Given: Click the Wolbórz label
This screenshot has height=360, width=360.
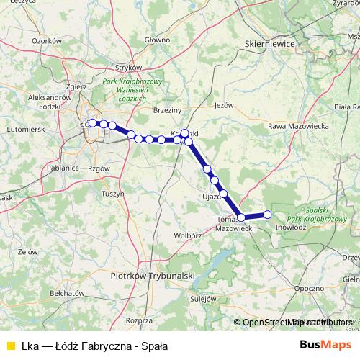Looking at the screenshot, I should pos(186,235).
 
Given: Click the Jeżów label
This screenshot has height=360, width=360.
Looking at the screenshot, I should pos(225,105).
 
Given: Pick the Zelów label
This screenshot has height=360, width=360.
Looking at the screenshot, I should pos(28,252).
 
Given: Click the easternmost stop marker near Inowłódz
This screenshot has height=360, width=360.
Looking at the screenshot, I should pos(268,215).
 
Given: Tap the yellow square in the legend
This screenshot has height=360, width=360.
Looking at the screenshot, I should pos(9,345).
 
